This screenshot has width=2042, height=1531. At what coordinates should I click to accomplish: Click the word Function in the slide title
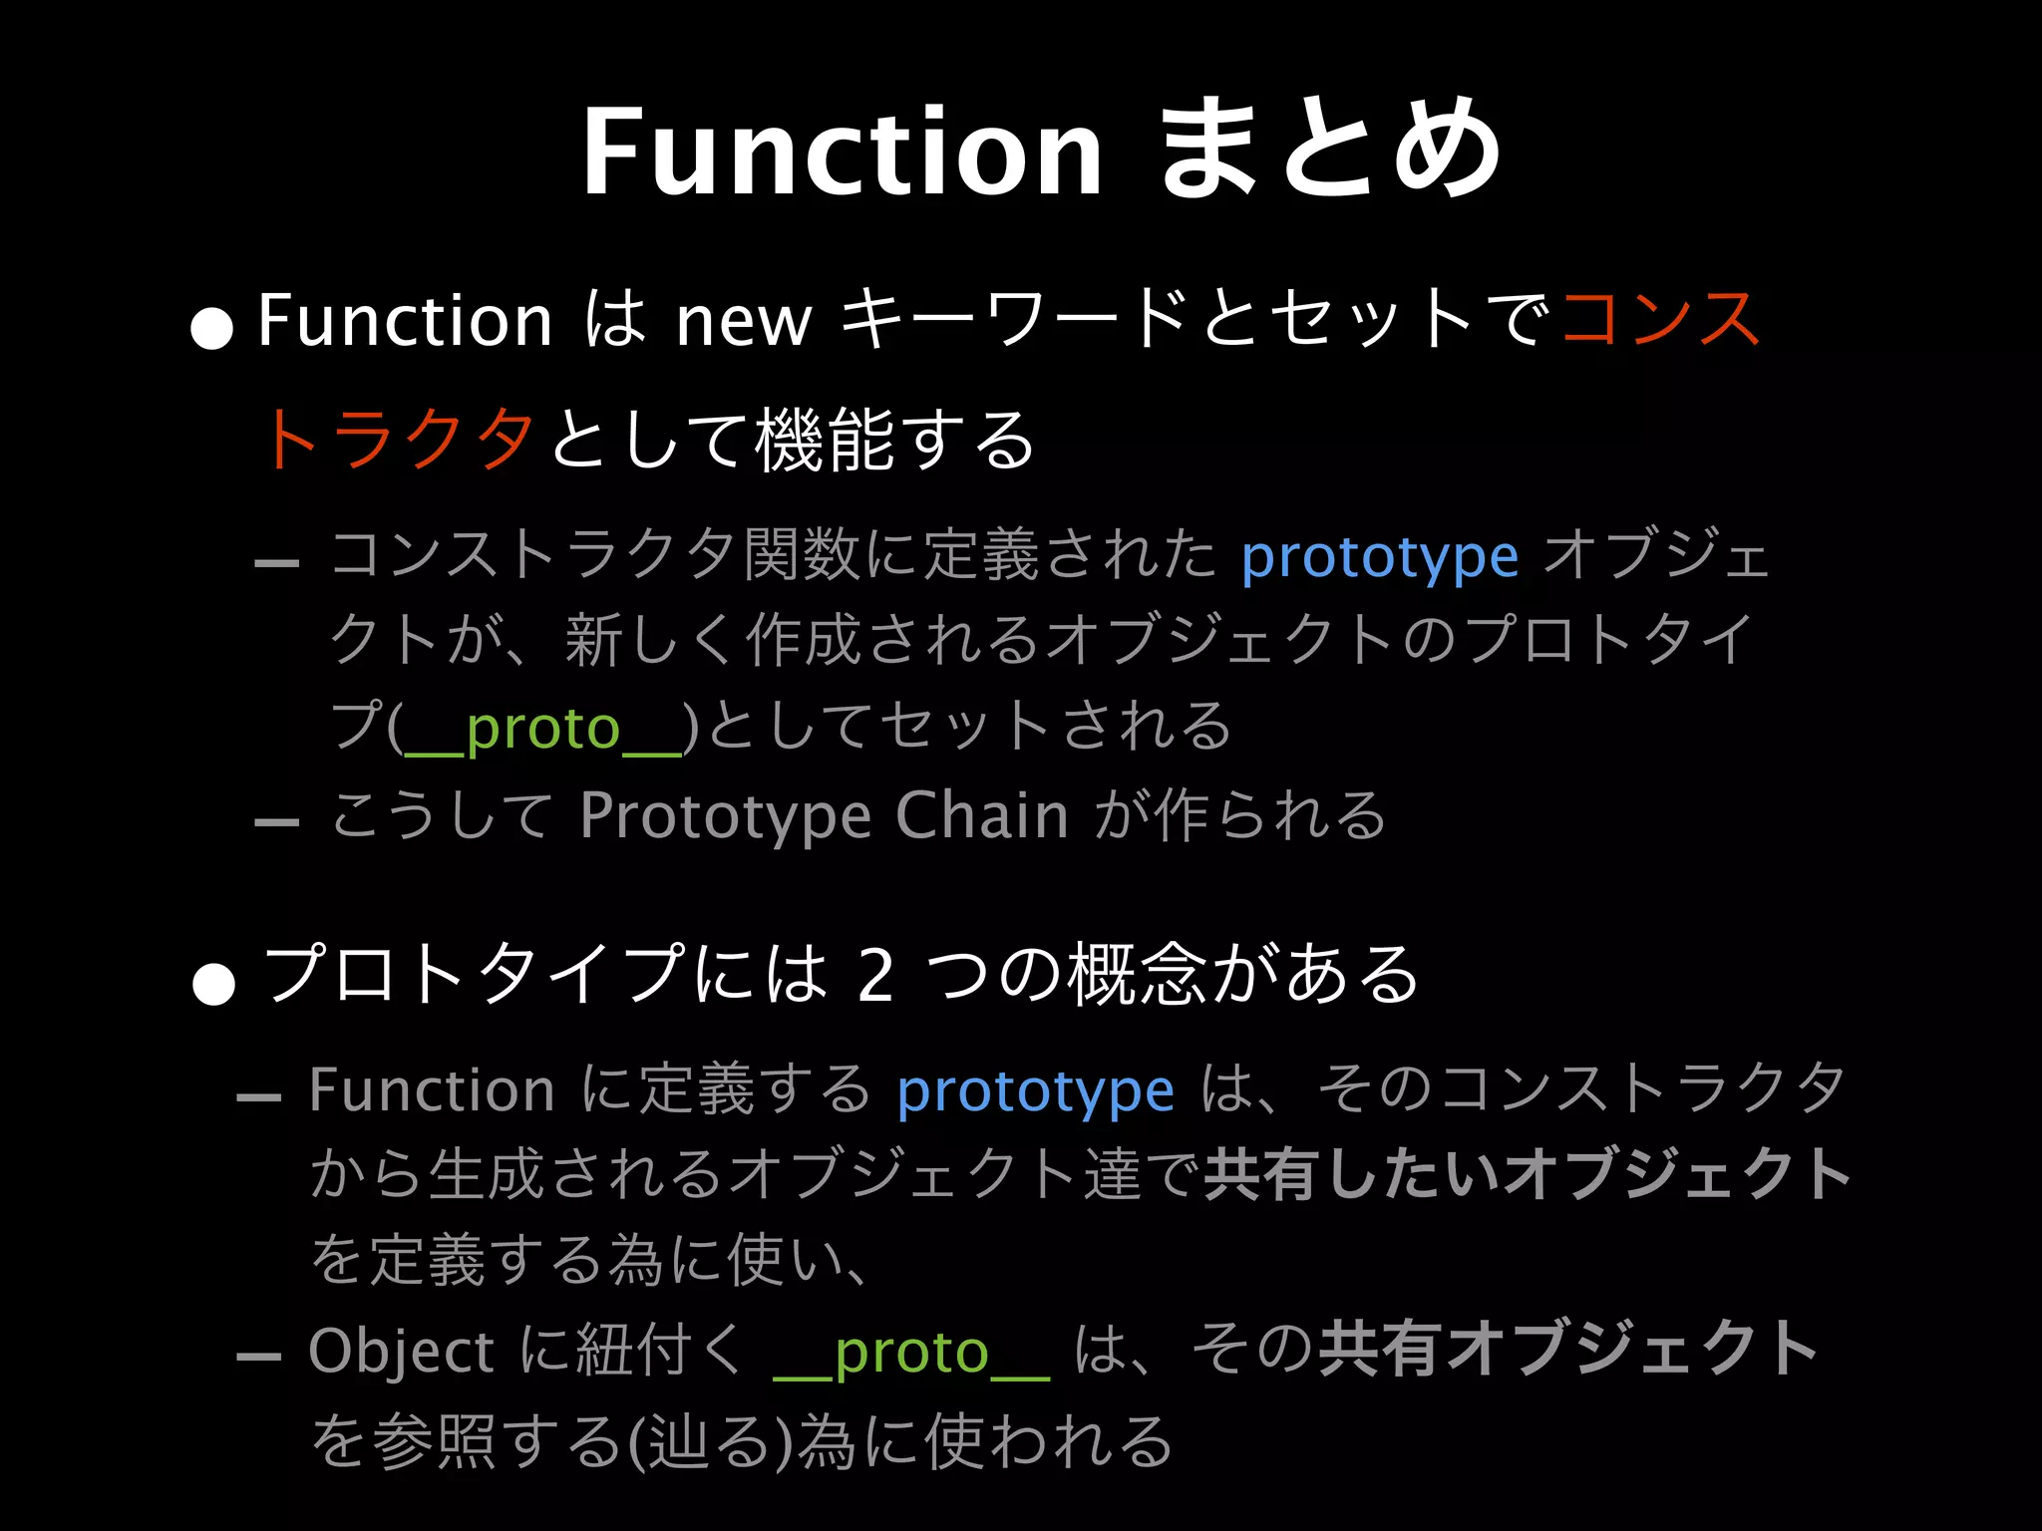tap(843, 152)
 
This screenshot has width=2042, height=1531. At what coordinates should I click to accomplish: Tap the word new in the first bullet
tap(743, 322)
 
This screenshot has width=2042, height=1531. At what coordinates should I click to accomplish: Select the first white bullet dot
tap(211, 328)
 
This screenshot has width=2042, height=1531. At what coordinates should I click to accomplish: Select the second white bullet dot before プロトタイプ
tap(213, 983)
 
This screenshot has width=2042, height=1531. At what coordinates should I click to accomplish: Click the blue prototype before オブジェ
tap(1379, 558)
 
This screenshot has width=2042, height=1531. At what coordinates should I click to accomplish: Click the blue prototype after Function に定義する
tap(1035, 1092)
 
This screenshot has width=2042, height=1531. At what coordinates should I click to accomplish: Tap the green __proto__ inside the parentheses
tap(542, 730)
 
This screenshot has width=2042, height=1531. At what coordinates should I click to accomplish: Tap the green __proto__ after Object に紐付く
tap(911, 1354)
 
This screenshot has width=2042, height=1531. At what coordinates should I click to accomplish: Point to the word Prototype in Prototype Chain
tap(726, 817)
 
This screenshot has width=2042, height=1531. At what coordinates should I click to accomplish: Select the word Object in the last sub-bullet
tap(401, 1353)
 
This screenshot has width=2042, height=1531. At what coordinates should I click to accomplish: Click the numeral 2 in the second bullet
tap(874, 976)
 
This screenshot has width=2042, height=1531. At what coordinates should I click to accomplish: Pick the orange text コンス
tap(1660, 319)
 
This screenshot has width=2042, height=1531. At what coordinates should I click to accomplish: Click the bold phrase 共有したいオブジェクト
tap(1527, 1174)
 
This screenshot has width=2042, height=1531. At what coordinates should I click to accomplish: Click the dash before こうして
tap(276, 822)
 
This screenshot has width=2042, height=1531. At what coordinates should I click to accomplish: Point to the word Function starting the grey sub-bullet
tap(431, 1089)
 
